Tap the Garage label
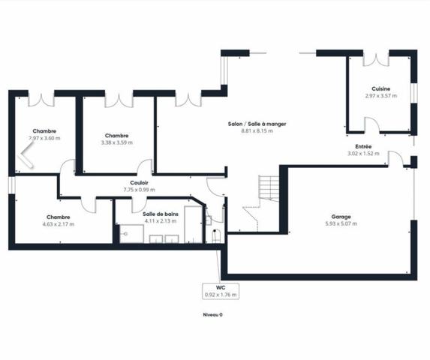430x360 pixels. pos(338,217)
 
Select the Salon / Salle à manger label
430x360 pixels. pos(257,124)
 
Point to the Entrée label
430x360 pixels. pos(362,147)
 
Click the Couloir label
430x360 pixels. pos(139,182)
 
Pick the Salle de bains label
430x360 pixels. pos(159,214)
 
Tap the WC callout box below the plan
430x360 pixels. pos(221,291)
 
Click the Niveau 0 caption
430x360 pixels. pos(213,315)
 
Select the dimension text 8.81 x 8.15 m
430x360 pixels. pos(257,130)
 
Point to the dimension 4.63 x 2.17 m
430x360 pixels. pos(58,223)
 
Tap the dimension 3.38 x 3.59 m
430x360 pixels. pos(116,142)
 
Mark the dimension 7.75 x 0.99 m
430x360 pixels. pos(139,190)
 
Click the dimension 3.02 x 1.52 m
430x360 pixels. pos(362,154)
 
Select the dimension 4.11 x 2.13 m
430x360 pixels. pos(159,220)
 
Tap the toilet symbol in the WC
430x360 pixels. pos(214,235)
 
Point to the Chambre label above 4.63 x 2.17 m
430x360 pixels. pos(58,217)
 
